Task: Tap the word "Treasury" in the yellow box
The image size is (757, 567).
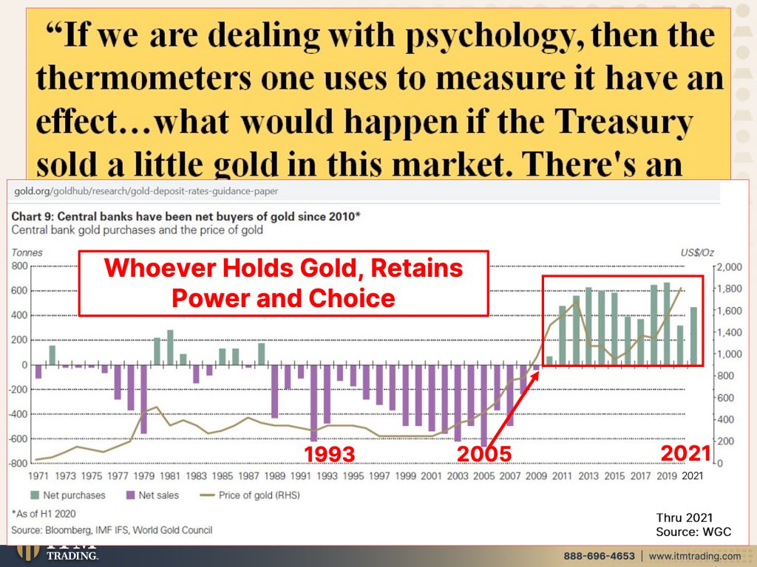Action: [623, 122]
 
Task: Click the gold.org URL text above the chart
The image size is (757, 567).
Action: [146, 191]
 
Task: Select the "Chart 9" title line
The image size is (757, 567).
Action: [186, 216]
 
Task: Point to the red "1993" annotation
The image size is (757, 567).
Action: [329, 454]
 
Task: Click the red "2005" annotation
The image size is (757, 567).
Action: [483, 454]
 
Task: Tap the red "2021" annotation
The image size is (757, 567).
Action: [685, 453]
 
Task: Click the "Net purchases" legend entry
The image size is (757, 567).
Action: [68, 495]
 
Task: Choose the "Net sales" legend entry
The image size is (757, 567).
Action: [152, 495]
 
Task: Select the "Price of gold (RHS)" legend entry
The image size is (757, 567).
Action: [250, 495]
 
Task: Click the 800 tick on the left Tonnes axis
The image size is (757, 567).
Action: [19, 266]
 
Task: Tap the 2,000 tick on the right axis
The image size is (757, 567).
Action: [730, 267]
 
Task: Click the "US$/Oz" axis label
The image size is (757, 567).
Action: [696, 252]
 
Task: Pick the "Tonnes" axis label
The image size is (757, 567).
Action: [27, 252]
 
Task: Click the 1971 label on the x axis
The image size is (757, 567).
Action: [38, 476]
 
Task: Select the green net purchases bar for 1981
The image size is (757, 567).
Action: [170, 347]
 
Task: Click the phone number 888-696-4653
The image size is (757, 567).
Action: [599, 556]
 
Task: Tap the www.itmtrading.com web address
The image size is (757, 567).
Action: [694, 556]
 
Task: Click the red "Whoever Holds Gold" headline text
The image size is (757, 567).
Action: [283, 283]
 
